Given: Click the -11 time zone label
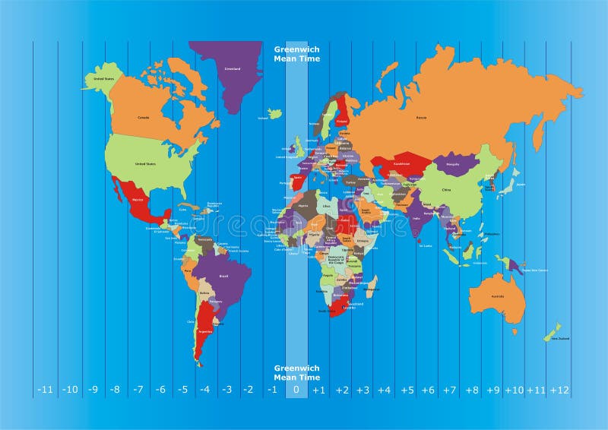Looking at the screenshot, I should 45,390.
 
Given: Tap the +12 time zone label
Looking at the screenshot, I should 559,390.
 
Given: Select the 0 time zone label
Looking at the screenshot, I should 296,390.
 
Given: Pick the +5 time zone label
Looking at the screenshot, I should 407,390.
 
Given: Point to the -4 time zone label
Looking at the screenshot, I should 204,390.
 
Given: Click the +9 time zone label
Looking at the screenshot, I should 494,390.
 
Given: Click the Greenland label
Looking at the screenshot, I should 233,69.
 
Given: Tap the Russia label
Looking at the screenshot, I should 421,117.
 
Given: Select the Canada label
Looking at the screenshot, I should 143,118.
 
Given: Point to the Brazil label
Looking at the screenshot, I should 223,276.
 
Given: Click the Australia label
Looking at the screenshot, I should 498,296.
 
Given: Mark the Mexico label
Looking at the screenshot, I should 138,199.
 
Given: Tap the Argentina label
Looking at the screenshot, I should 204,331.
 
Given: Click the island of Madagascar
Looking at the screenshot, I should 372,286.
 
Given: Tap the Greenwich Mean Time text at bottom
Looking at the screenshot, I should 297,372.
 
